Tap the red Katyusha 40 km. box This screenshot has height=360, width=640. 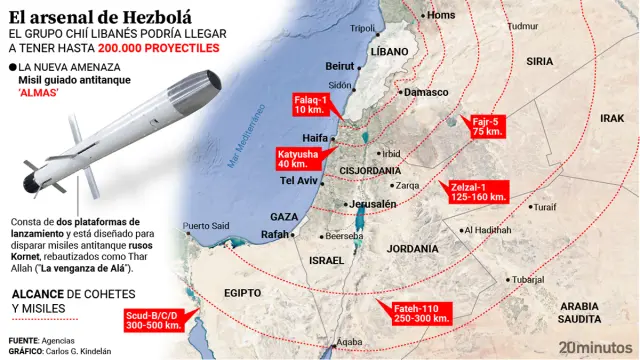click(298, 158)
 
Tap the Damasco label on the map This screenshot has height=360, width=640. click(427, 92)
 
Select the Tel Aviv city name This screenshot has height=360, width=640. click(299, 181)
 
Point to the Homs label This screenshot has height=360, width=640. click(440, 15)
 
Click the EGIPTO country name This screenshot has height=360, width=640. click(242, 293)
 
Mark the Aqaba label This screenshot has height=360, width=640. click(350, 342)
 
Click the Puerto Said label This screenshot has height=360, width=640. click(206, 225)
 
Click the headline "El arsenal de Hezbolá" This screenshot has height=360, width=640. click(87, 13)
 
